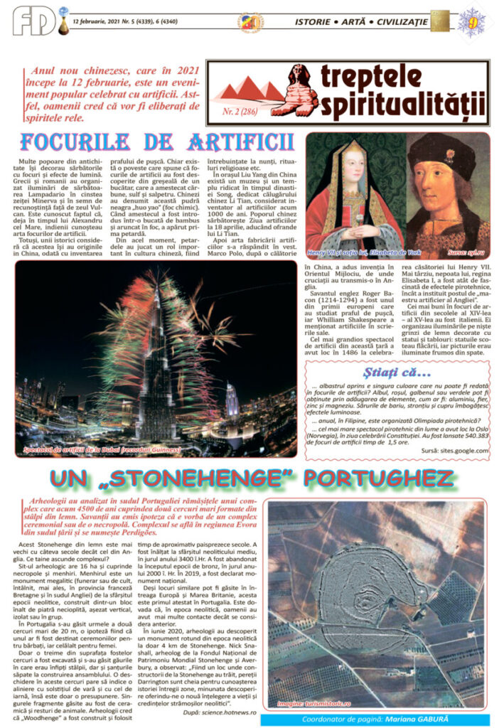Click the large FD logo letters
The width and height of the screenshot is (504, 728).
[32, 20]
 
